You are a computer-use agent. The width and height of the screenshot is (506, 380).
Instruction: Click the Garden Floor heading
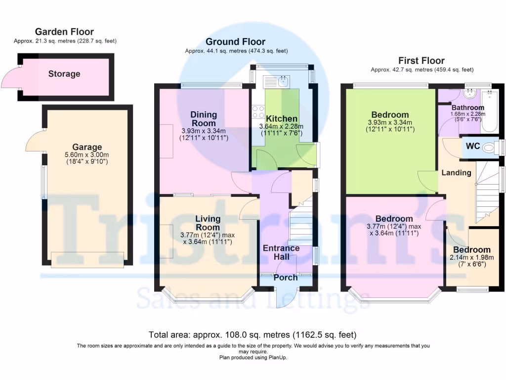(64, 32)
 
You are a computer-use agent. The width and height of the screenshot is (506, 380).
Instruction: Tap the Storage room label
(64, 74)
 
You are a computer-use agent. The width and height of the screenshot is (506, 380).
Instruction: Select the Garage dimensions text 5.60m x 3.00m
(87, 155)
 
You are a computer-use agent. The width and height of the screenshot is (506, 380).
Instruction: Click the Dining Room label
(204, 119)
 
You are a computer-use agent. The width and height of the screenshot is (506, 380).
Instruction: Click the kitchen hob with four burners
(258, 112)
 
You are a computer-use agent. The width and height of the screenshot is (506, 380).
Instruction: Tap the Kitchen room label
(282, 119)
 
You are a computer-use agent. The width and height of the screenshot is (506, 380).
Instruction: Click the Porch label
(286, 278)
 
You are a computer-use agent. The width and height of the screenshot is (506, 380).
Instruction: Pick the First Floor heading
(422, 61)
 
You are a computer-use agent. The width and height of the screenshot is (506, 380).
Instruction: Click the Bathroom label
(467, 107)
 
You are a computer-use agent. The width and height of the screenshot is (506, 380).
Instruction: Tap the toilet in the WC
(490, 147)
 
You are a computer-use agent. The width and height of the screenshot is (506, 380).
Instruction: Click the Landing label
(456, 173)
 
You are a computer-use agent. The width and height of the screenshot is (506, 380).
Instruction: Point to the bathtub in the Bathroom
(491, 110)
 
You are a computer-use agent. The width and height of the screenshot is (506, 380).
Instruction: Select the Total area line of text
(253, 334)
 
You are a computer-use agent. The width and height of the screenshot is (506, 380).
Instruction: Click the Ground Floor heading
(235, 42)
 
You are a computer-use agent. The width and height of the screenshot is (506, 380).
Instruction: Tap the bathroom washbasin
(470, 94)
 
